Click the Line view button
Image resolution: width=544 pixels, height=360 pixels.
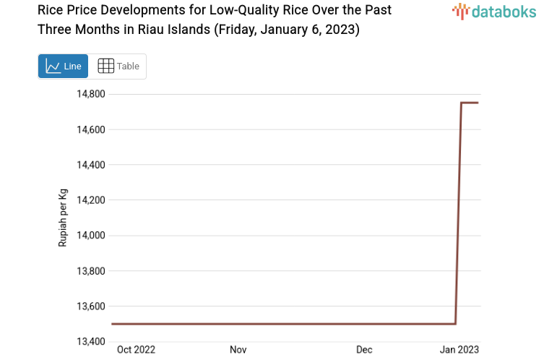[63, 66]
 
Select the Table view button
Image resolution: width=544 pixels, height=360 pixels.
[118, 66]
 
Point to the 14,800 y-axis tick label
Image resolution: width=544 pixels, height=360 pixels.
[91, 94]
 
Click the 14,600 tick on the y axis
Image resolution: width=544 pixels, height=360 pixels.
[91, 129]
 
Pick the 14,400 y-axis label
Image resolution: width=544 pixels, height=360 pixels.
[91, 165]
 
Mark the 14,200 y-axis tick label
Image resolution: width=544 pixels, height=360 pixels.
[91, 200]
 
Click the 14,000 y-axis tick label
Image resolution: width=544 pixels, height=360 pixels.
[91, 236]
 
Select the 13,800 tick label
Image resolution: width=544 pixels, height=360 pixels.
[91, 271]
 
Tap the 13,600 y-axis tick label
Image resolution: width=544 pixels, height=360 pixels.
[91, 307]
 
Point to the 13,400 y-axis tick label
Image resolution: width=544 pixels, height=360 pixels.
[91, 342]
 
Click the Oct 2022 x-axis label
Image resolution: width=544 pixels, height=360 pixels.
[136, 350]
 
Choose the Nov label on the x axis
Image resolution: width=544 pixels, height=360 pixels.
[238, 350]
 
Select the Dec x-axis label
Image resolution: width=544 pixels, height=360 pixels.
[364, 350]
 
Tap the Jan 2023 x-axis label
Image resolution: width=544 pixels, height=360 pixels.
[459, 350]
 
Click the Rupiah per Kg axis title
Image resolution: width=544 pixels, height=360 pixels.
[63, 218]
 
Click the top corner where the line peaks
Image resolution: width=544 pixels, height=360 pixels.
[462, 103]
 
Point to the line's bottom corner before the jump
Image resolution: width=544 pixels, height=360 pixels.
[455, 324]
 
